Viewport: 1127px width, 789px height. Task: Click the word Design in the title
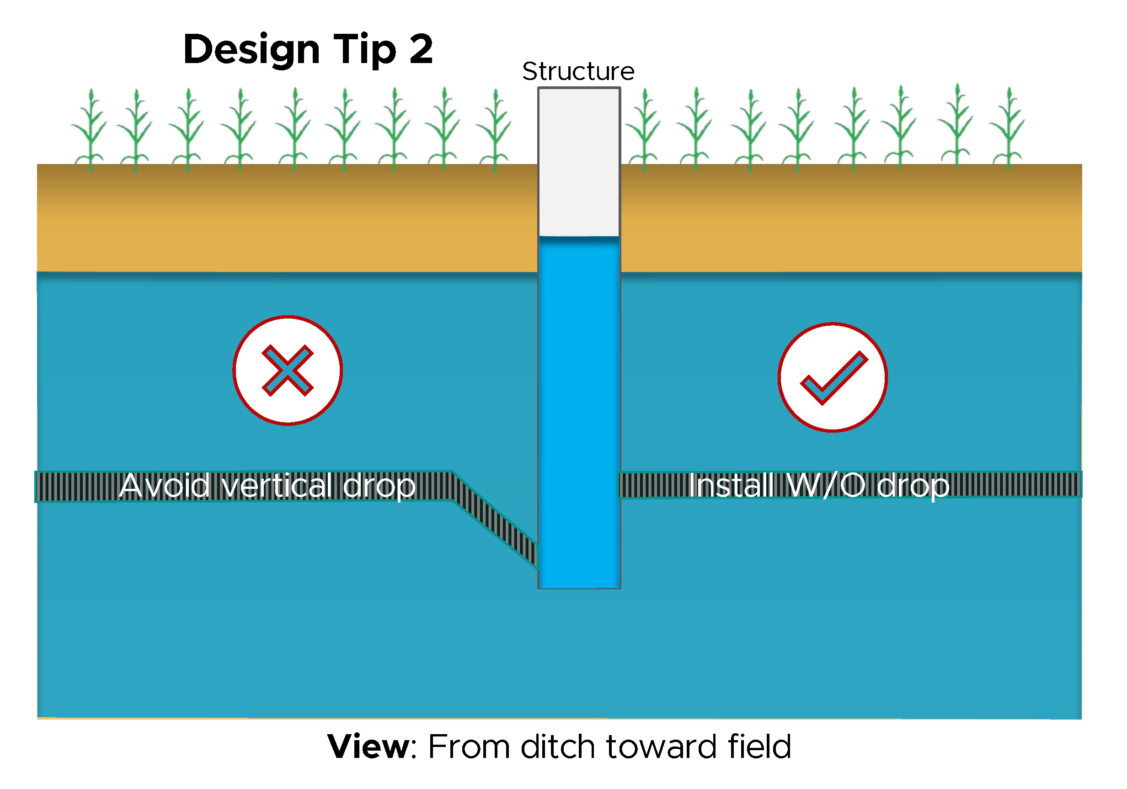click(x=251, y=50)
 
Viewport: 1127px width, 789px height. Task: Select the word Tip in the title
click(x=365, y=50)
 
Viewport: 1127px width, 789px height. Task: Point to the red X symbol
click(x=288, y=370)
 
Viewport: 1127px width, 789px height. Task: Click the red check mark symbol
click(x=833, y=377)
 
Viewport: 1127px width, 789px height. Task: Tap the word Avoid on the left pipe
click(x=165, y=486)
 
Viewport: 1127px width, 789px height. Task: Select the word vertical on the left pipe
click(x=278, y=486)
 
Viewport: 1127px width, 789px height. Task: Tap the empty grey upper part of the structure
click(x=579, y=162)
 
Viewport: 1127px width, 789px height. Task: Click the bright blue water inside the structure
click(x=579, y=417)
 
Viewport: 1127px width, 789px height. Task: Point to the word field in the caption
click(x=759, y=747)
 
